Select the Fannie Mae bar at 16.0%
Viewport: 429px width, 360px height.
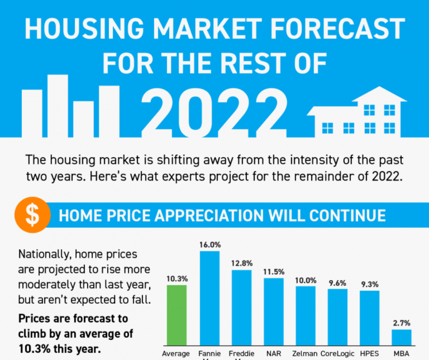tap(209, 297)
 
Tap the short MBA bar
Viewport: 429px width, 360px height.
tap(402, 337)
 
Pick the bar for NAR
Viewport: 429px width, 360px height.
tap(273, 311)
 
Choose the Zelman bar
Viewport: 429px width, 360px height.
tap(305, 315)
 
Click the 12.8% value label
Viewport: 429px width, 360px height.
tap(242, 264)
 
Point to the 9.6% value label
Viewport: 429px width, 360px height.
tap(338, 283)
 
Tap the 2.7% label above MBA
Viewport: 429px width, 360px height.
tap(402, 323)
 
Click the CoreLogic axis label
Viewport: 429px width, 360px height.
tap(337, 354)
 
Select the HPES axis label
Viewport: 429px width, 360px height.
tap(369, 354)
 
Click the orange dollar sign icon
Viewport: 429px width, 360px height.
tap(32, 215)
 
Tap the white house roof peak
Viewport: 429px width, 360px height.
tap(378, 90)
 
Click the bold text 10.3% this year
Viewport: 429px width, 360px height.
tap(59, 348)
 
